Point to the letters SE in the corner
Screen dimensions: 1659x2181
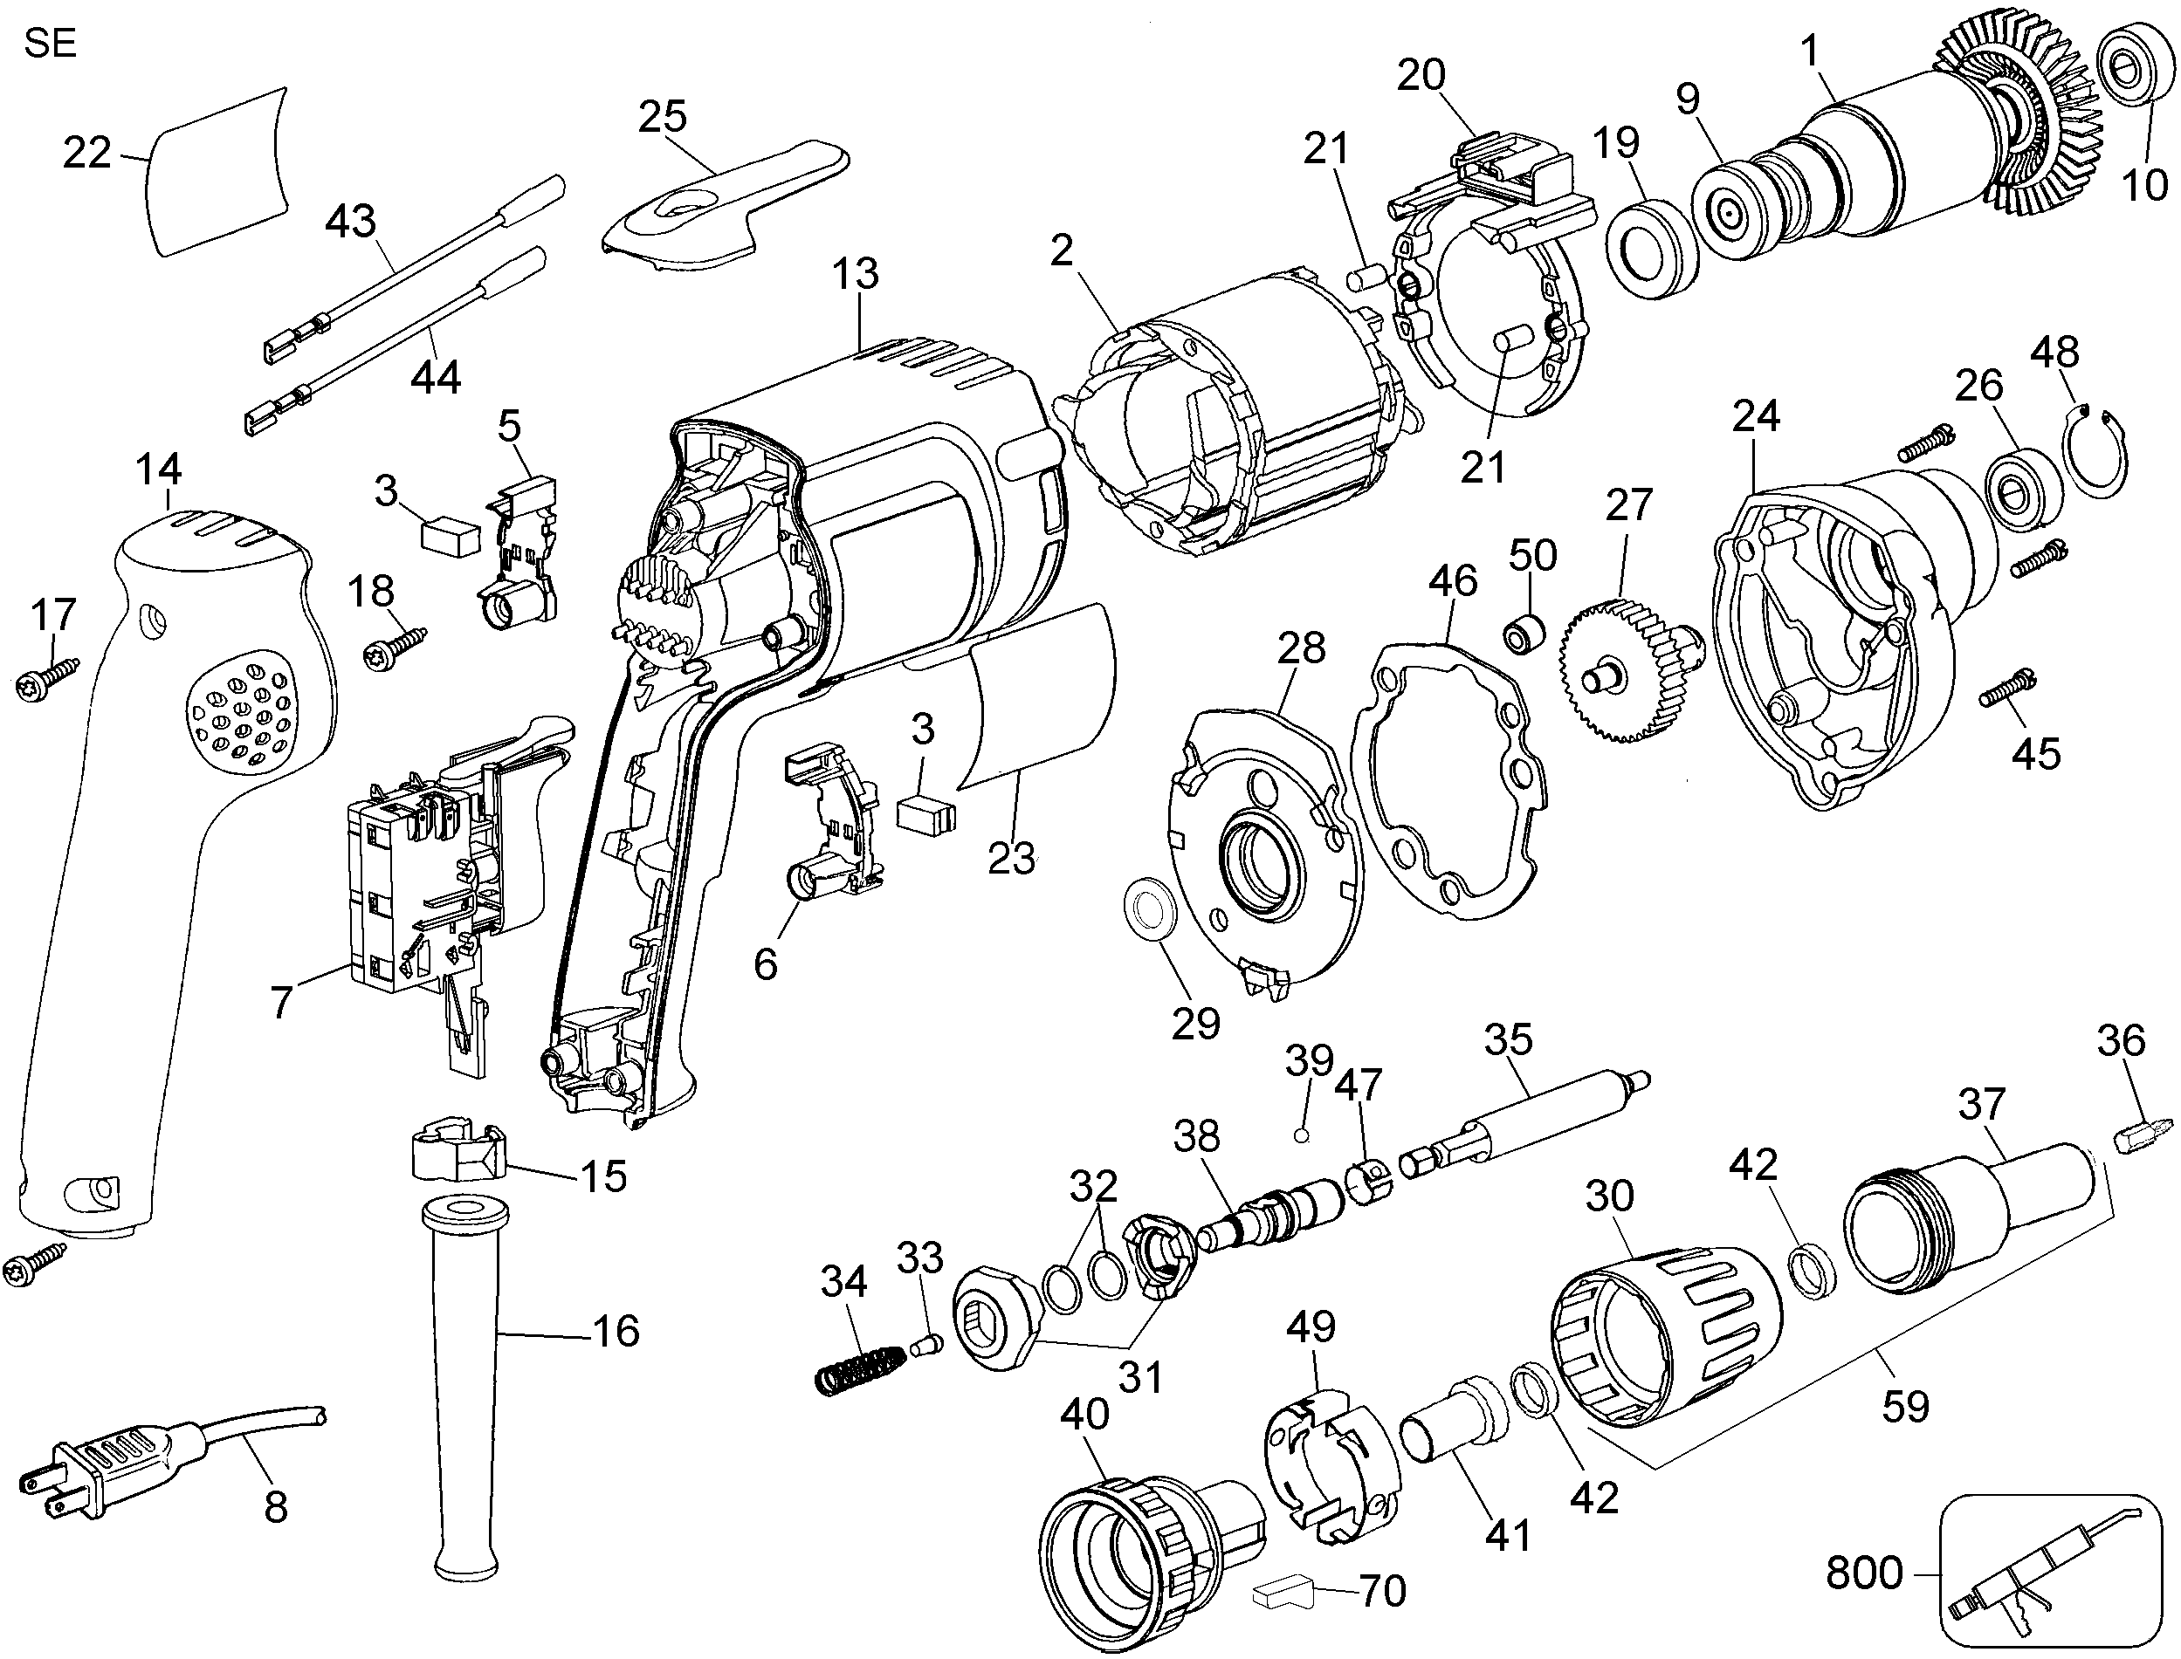click(51, 45)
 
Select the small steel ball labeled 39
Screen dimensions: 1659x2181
click(1302, 1135)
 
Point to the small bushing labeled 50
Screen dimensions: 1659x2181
click(1522, 633)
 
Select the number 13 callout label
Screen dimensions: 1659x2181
click(855, 273)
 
